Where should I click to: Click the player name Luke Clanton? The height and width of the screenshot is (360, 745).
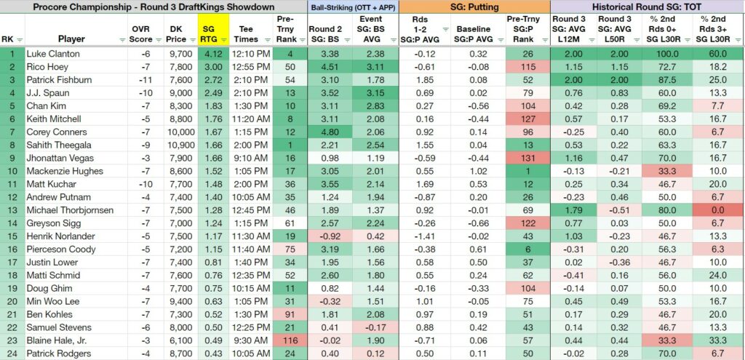pos(53,54)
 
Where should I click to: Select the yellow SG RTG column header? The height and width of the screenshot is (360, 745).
pos(212,29)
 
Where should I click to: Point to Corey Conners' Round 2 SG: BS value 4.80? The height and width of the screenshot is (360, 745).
pos(325,132)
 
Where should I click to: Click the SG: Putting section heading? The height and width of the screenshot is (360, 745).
pos(474,7)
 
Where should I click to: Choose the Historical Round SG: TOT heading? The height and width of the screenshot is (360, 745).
pos(647,7)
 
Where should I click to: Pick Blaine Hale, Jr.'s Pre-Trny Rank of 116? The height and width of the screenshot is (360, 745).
pos(287,340)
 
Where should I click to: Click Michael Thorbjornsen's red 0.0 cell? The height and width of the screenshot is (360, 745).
pos(717,210)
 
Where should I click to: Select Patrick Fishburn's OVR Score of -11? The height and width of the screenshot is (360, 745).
pos(146,80)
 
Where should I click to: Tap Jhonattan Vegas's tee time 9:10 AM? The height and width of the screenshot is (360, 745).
pos(250,158)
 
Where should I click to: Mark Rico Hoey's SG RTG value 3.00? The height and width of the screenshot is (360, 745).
pos(213,67)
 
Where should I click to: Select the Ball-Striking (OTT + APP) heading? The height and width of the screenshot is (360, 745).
pos(353,7)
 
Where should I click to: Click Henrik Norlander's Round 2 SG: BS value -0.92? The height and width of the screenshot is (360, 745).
pos(325,236)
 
